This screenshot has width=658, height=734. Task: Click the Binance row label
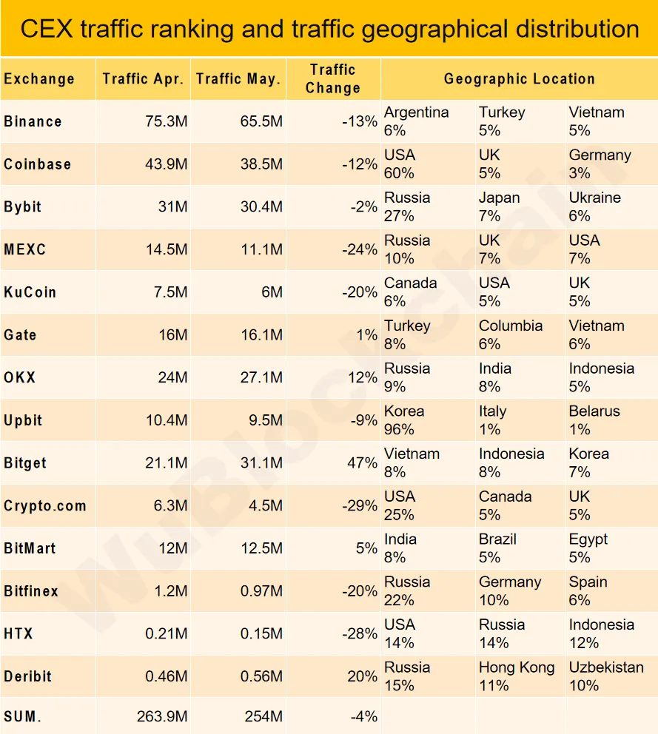click(x=33, y=121)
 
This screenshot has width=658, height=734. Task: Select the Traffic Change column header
click(x=333, y=78)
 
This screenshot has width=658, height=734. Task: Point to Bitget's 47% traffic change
click(x=362, y=463)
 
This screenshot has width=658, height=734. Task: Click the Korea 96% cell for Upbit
click(x=405, y=420)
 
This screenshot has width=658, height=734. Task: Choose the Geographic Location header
click(x=519, y=78)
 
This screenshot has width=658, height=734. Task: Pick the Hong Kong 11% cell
click(x=516, y=676)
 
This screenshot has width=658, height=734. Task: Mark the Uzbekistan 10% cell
click(x=606, y=676)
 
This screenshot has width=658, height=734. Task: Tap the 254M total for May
click(x=263, y=716)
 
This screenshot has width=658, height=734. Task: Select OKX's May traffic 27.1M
click(x=261, y=377)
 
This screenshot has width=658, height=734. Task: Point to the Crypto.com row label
click(x=45, y=506)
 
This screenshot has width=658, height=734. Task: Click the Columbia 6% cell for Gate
click(x=510, y=334)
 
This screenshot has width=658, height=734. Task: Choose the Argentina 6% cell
click(x=416, y=121)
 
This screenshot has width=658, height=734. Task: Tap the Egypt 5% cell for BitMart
click(x=588, y=548)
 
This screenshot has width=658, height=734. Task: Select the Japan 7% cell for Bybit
click(x=500, y=206)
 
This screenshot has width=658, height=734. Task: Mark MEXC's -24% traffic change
click(x=360, y=249)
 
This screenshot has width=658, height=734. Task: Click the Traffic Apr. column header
click(x=143, y=78)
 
